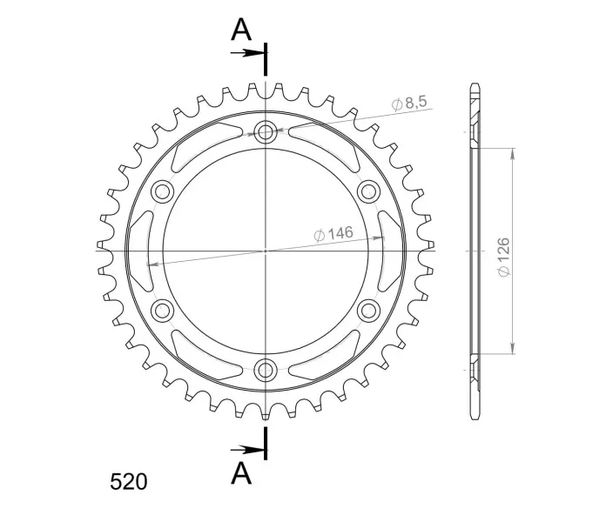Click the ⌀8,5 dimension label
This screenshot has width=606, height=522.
coord(409,103)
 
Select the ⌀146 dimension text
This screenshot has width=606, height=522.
coord(333,234)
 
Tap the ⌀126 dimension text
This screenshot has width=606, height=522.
coord(504,258)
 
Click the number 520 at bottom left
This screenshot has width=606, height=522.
coord(129,482)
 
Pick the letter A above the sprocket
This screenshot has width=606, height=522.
coord(241,30)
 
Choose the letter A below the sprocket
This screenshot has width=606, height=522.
coord(241,473)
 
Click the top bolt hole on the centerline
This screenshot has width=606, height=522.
coord(266,131)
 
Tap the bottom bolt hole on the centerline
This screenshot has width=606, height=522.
coord(266,370)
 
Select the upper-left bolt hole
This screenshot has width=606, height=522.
coord(162,191)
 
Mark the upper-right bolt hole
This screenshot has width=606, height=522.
coord(368,191)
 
